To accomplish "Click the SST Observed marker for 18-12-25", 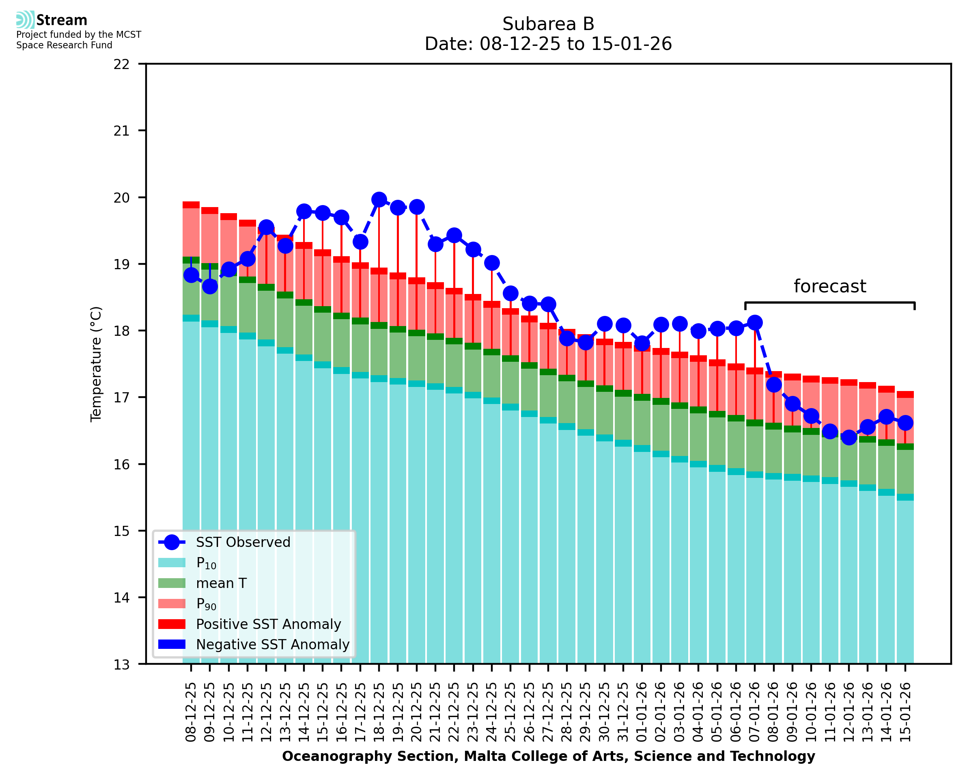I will [379, 199].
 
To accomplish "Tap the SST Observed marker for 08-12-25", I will [191, 275].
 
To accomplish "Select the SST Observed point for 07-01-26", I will [755, 323].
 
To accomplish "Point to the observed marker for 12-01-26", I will [849, 437].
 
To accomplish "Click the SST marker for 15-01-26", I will [905, 423].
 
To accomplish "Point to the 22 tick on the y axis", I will [121, 64].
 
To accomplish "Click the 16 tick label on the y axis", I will [121, 465].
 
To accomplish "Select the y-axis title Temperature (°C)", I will [96, 364].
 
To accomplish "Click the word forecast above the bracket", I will [829, 286].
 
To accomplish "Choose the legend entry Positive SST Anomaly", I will [269, 624].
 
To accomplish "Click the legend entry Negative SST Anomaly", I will [273, 644].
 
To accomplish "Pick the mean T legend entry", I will [221, 583].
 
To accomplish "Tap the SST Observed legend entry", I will [243, 542].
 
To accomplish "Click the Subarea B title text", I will [548, 24].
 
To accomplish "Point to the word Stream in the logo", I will [62, 20].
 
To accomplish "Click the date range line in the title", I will [548, 44].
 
